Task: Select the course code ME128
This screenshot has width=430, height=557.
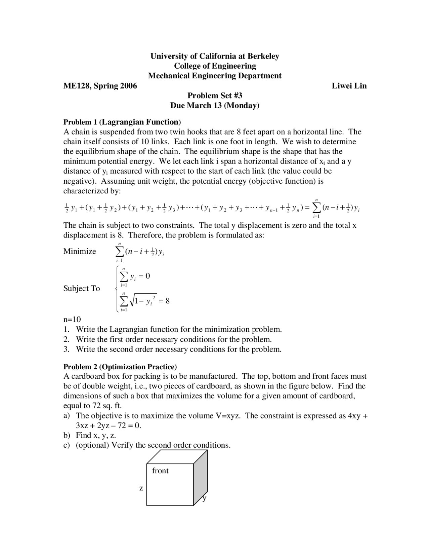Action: pyautogui.click(x=77, y=86)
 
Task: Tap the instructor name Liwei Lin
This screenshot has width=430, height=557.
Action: pyautogui.click(x=349, y=86)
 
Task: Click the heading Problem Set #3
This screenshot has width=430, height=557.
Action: pyautogui.click(x=215, y=96)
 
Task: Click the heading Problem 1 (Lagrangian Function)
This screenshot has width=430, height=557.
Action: pyautogui.click(x=122, y=122)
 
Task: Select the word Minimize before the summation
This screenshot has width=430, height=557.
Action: pyautogui.click(x=80, y=251)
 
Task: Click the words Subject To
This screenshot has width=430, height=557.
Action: pyautogui.click(x=82, y=288)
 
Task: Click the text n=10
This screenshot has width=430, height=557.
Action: pyautogui.click(x=72, y=319)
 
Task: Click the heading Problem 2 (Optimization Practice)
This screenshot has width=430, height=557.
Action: pyautogui.click(x=120, y=367)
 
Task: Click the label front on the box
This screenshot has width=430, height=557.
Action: pyautogui.click(x=160, y=471)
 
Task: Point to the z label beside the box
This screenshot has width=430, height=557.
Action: pyautogui.click(x=141, y=488)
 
